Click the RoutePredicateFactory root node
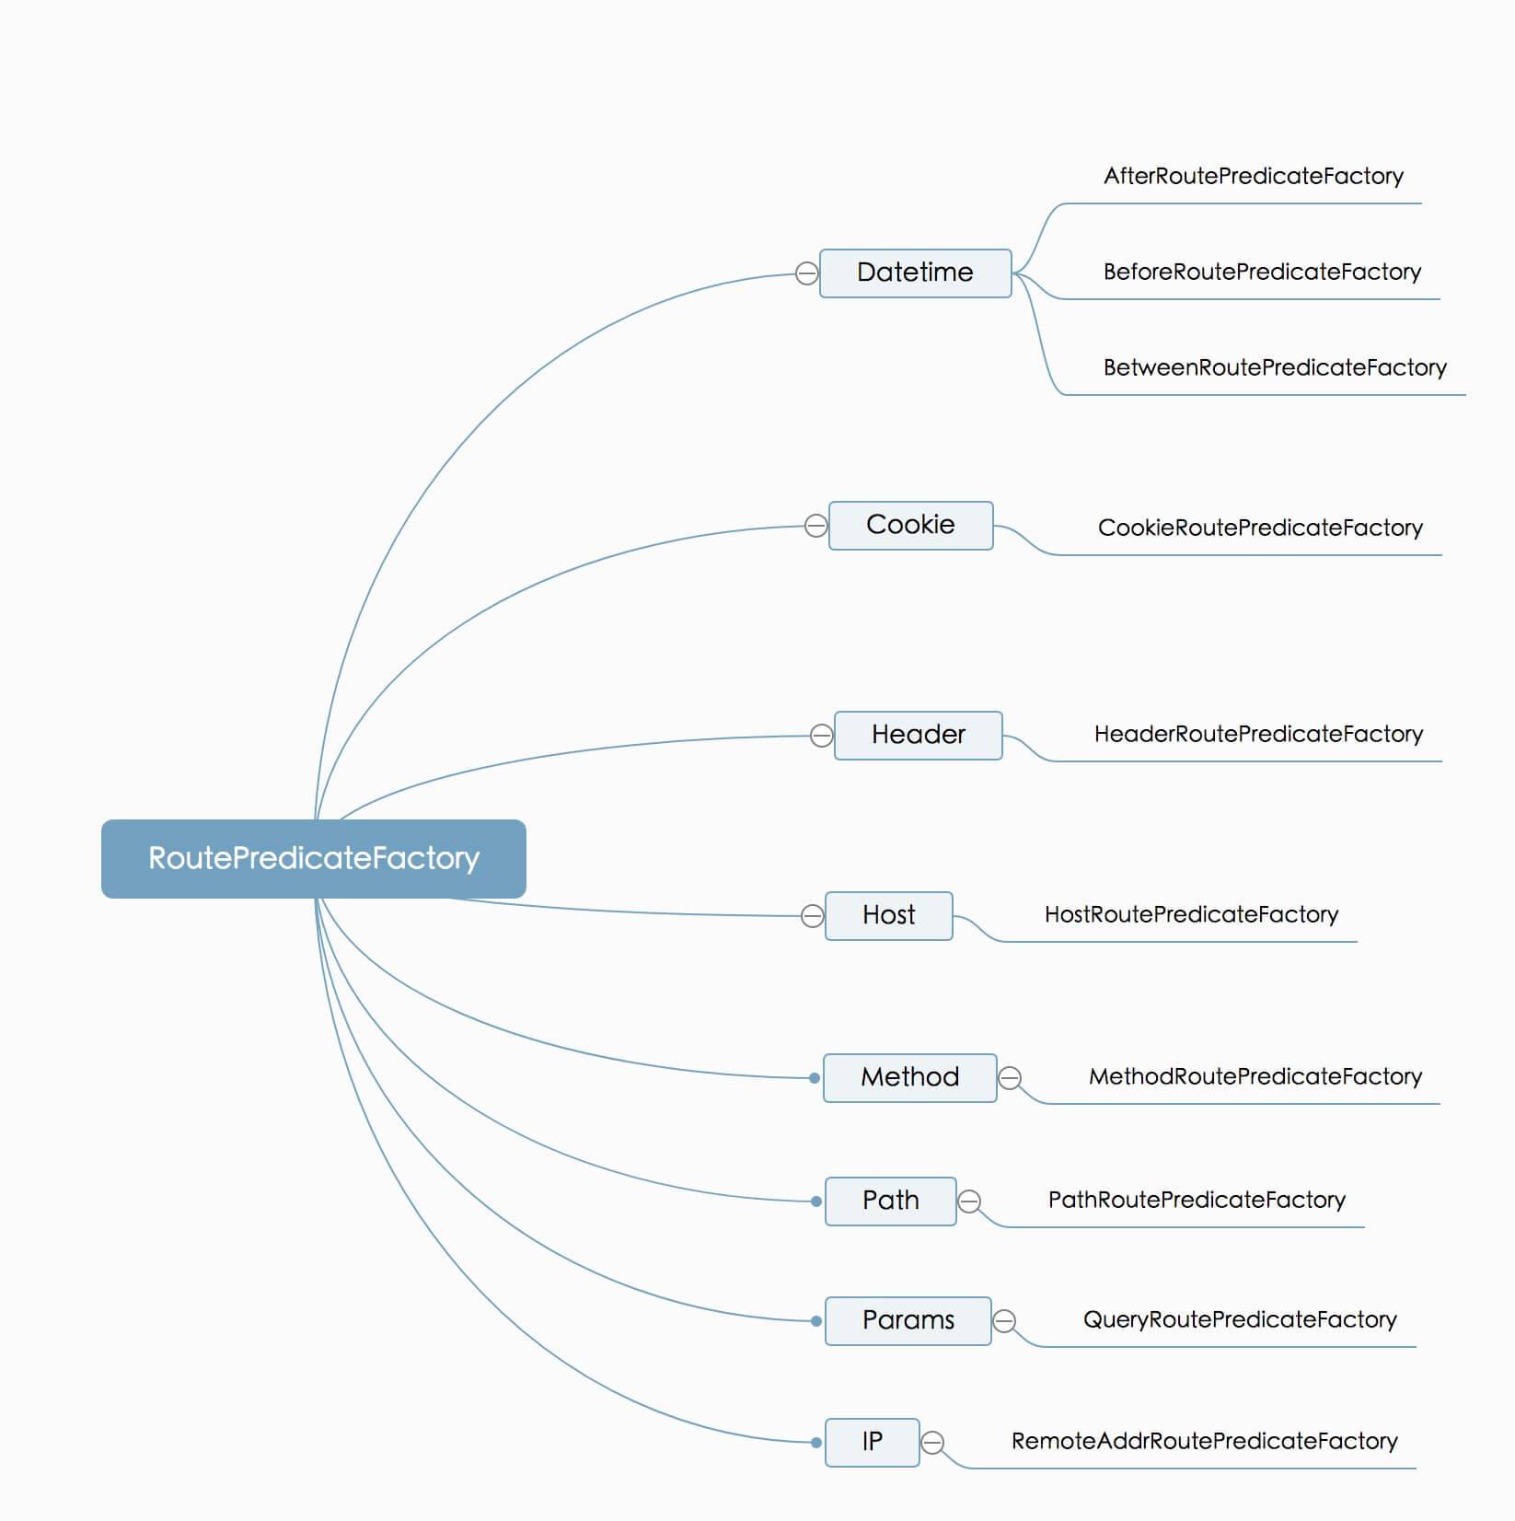point(313,858)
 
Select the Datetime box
point(915,273)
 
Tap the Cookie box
point(910,525)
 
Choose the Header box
point(918,735)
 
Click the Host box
point(888,915)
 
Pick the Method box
point(909,1077)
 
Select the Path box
point(890,1201)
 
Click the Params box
point(908,1320)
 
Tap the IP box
point(872,1442)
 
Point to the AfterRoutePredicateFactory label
point(1253,176)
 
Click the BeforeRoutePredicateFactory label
point(1262,272)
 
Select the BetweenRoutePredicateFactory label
point(1275,367)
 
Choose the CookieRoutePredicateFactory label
point(1260,528)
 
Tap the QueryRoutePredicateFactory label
point(1240,1319)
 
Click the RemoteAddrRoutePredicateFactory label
point(1204,1441)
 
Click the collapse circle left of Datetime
point(806,273)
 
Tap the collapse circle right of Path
point(969,1202)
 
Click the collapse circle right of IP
point(932,1443)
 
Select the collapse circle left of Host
point(812,916)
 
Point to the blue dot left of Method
point(815,1078)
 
